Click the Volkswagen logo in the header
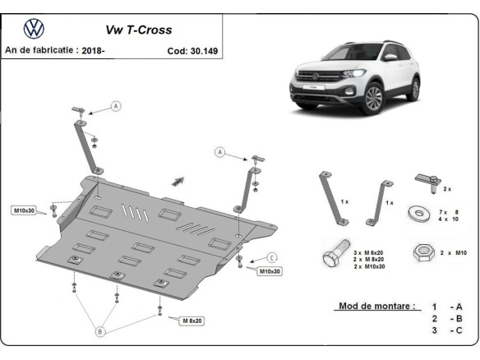33,30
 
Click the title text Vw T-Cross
138,30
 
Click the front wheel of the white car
373,99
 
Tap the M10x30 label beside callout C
270,270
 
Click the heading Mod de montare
376,307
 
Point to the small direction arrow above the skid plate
177,180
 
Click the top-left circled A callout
116,106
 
